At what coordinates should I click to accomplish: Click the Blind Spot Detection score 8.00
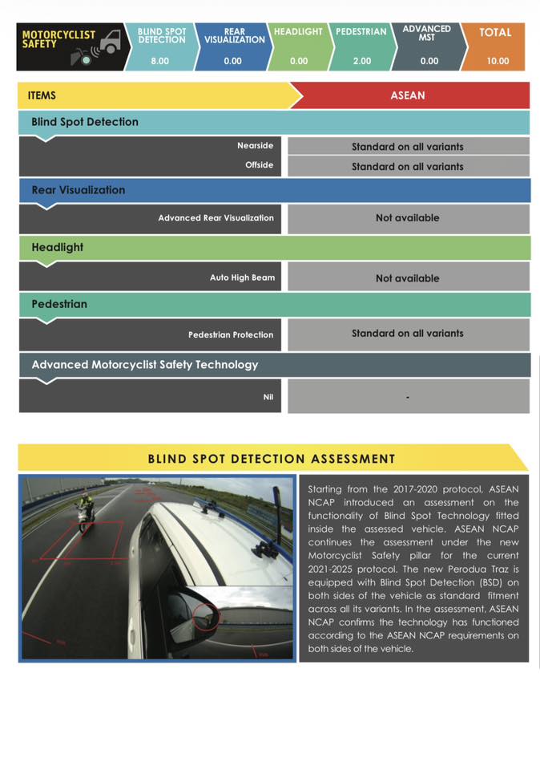click(159, 61)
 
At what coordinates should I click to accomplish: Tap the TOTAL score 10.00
click(498, 61)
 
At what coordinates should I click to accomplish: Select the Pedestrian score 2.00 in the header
click(361, 61)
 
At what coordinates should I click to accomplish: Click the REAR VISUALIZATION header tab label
click(234, 36)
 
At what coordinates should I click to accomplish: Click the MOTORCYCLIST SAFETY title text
click(58, 39)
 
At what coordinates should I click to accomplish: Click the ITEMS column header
click(42, 95)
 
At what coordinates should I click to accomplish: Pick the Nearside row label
click(255, 146)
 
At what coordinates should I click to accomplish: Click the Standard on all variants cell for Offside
click(407, 167)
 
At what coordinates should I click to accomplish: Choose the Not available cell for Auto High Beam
click(407, 278)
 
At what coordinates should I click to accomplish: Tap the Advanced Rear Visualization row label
click(216, 218)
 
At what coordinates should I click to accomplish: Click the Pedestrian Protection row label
click(231, 334)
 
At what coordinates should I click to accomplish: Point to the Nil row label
click(268, 396)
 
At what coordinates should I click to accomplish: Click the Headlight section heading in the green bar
click(57, 247)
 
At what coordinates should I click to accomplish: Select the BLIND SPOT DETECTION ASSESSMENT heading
click(272, 459)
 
